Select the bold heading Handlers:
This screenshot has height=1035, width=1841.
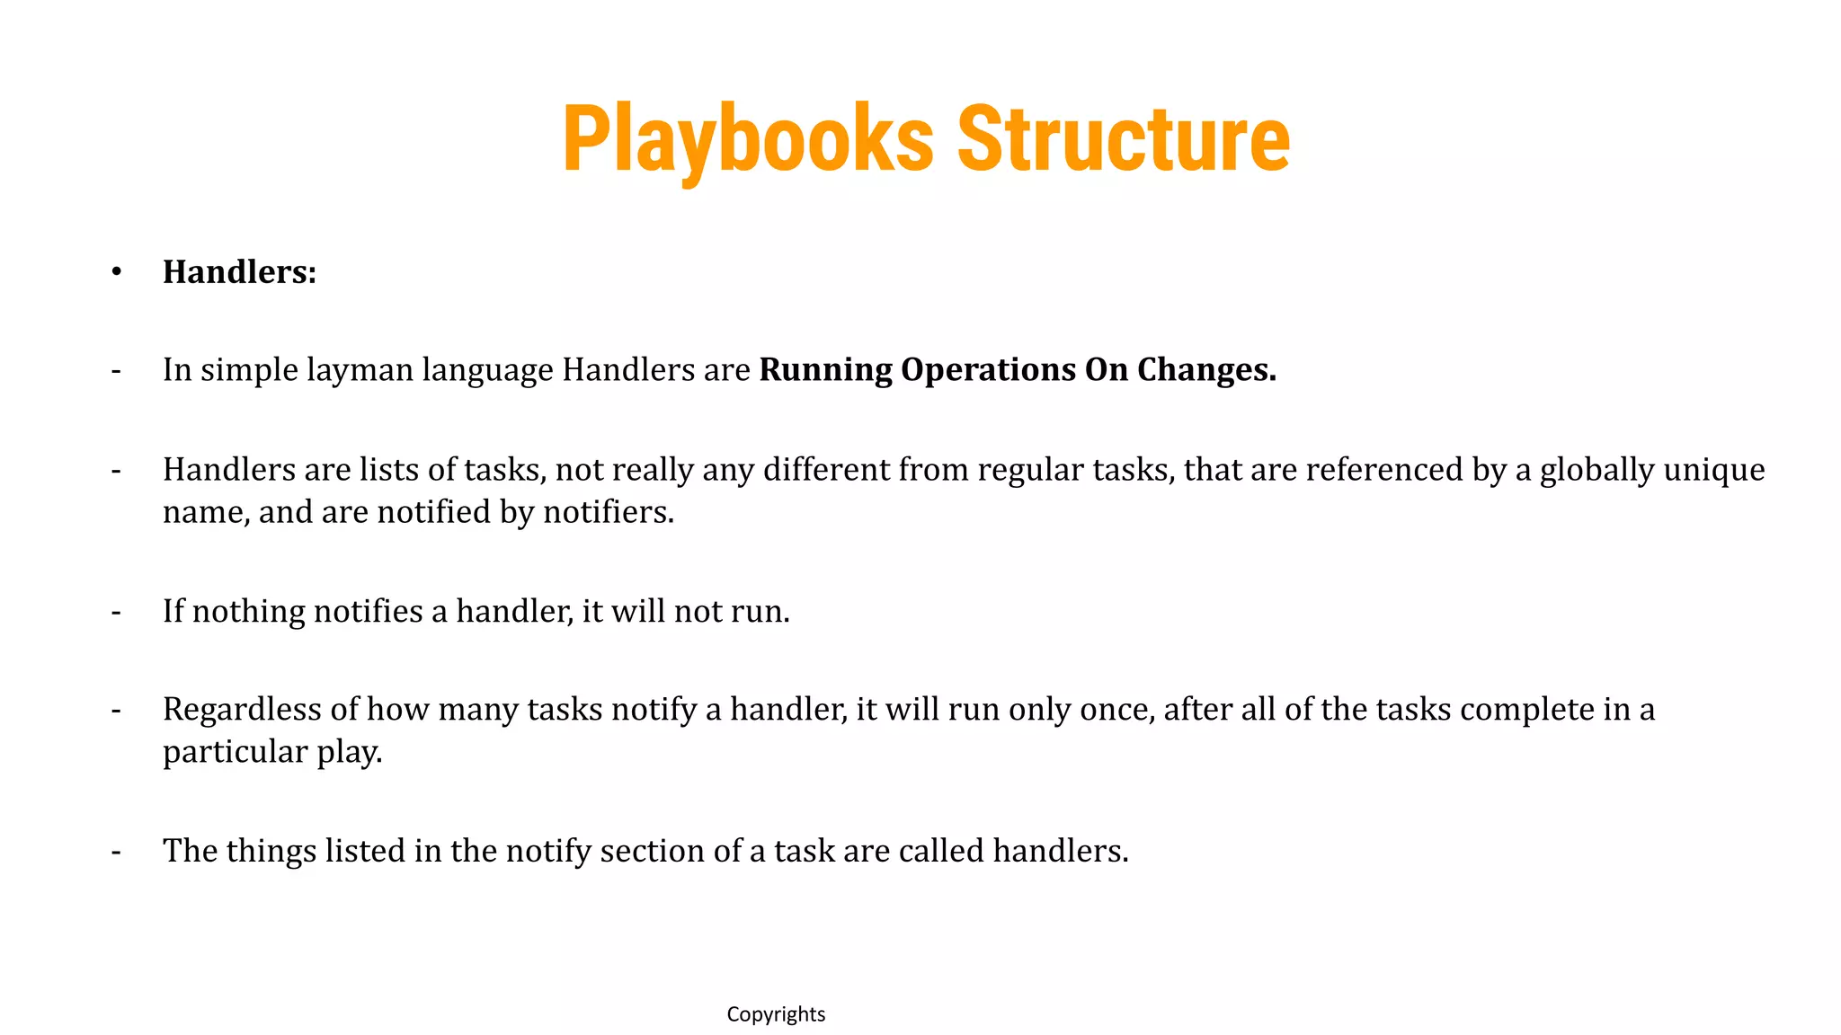click(239, 272)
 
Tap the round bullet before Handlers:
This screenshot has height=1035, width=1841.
click(116, 271)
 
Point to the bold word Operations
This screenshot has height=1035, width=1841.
click(988, 370)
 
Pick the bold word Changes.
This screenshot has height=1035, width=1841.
click(1206, 370)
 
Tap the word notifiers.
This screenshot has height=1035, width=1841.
click(608, 512)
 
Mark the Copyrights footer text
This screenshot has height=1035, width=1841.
click(776, 1014)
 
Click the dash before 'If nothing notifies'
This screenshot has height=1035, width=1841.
click(116, 611)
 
